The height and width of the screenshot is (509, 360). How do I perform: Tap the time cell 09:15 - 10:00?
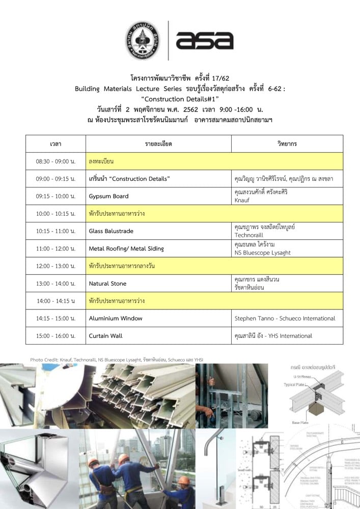[56, 196]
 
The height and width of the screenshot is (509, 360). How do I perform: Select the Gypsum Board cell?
[108, 196]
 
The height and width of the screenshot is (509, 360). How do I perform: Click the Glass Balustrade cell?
[111, 231]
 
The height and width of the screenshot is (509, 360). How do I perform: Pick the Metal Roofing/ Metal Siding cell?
[126, 248]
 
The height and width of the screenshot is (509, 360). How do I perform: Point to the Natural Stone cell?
[107, 284]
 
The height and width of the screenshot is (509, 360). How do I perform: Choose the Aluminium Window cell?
[116, 319]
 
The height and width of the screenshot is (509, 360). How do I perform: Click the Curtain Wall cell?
[105, 336]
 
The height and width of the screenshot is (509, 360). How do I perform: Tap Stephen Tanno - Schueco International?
[285, 319]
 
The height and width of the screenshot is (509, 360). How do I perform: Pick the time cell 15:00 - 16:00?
[56, 336]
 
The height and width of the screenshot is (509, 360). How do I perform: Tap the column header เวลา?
[56, 144]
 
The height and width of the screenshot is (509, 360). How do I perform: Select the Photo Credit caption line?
[117, 360]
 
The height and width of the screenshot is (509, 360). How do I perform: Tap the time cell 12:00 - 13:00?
[56, 266]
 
